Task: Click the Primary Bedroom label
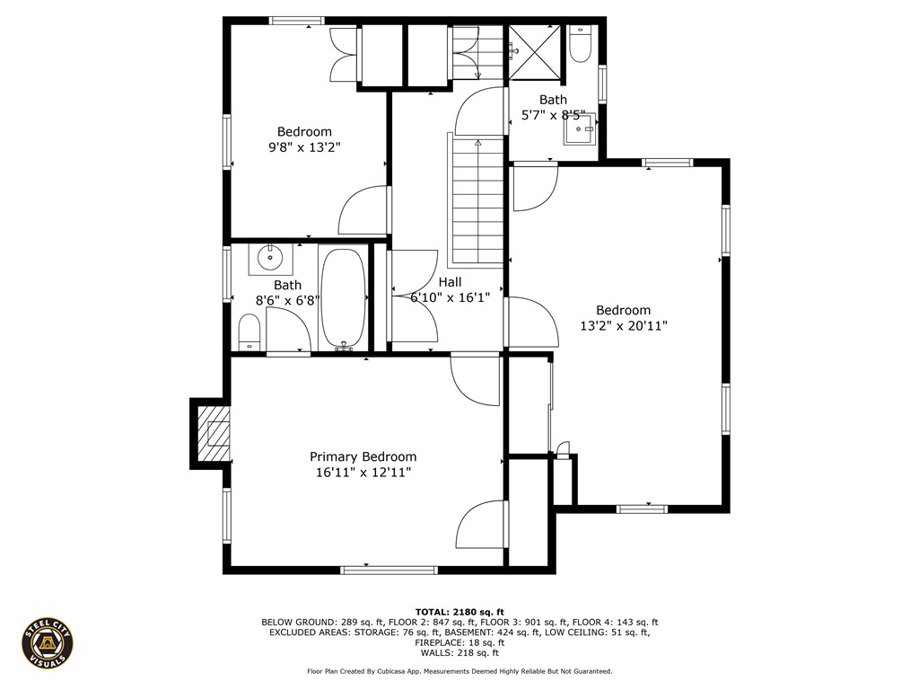click(363, 456)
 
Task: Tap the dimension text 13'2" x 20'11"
click(623, 326)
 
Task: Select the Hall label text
click(450, 282)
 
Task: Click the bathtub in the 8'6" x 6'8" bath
click(342, 297)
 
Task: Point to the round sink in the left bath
click(270, 259)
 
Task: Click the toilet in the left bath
click(249, 332)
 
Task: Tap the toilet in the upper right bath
click(580, 43)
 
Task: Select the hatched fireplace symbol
click(214, 432)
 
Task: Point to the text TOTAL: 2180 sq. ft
click(459, 611)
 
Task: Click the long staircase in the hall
click(477, 199)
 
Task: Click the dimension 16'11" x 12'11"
click(363, 472)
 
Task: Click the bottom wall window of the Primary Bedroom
click(389, 569)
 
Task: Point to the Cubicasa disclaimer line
click(459, 671)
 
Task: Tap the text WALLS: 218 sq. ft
click(459, 654)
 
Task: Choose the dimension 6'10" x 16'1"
click(450, 297)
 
